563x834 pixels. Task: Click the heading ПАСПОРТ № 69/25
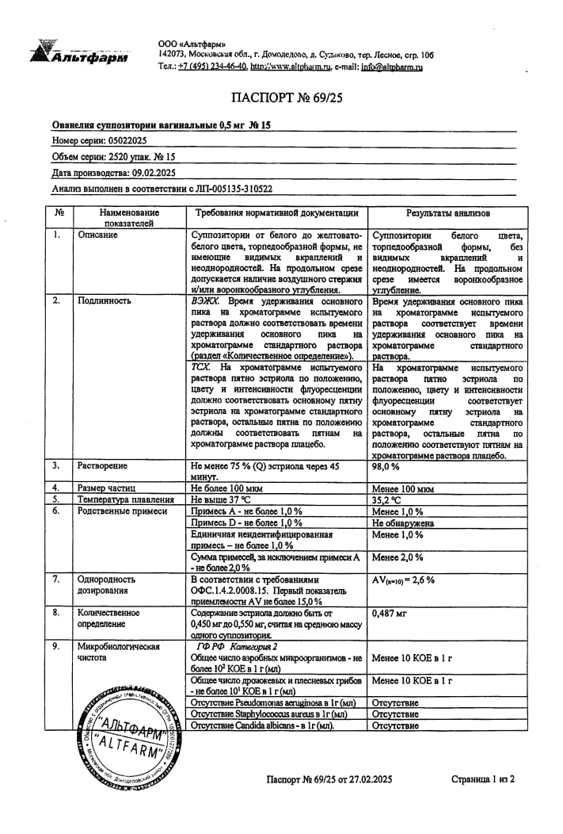pyautogui.click(x=280, y=98)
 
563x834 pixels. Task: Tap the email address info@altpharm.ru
pyautogui.click(x=392, y=67)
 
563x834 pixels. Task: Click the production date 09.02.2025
pyautogui.click(x=148, y=172)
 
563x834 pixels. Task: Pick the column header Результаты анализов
pyautogui.click(x=447, y=213)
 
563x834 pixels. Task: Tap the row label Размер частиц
pyautogui.click(x=107, y=488)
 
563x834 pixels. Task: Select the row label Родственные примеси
pyautogui.click(x=122, y=511)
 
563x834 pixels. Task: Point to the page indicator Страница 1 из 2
pyautogui.click(x=483, y=779)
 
